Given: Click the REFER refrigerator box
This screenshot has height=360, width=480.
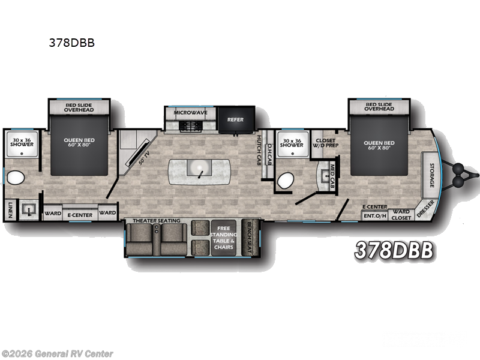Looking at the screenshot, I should (x=235, y=119).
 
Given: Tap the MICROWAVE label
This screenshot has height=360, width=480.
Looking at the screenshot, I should (x=191, y=112).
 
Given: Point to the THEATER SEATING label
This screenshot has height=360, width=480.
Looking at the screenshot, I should (x=156, y=221).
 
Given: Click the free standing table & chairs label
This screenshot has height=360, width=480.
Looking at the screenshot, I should (x=224, y=236).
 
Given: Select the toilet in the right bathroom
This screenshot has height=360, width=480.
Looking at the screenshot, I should (x=287, y=179).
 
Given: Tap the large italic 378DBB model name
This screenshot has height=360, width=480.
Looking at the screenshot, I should (x=394, y=251).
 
